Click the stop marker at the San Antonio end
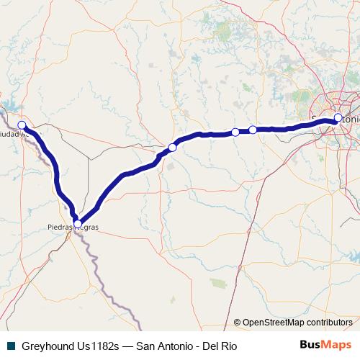[338, 119]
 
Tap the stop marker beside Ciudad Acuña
[22, 125]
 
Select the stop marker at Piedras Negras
[78, 223]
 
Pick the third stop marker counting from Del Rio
[172, 148]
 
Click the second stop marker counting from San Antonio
[253, 130]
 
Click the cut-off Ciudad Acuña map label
[14, 134]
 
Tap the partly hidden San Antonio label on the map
[336, 115]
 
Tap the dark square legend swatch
[11, 346]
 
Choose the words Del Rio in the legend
[219, 346]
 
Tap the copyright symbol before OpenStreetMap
[237, 323]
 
